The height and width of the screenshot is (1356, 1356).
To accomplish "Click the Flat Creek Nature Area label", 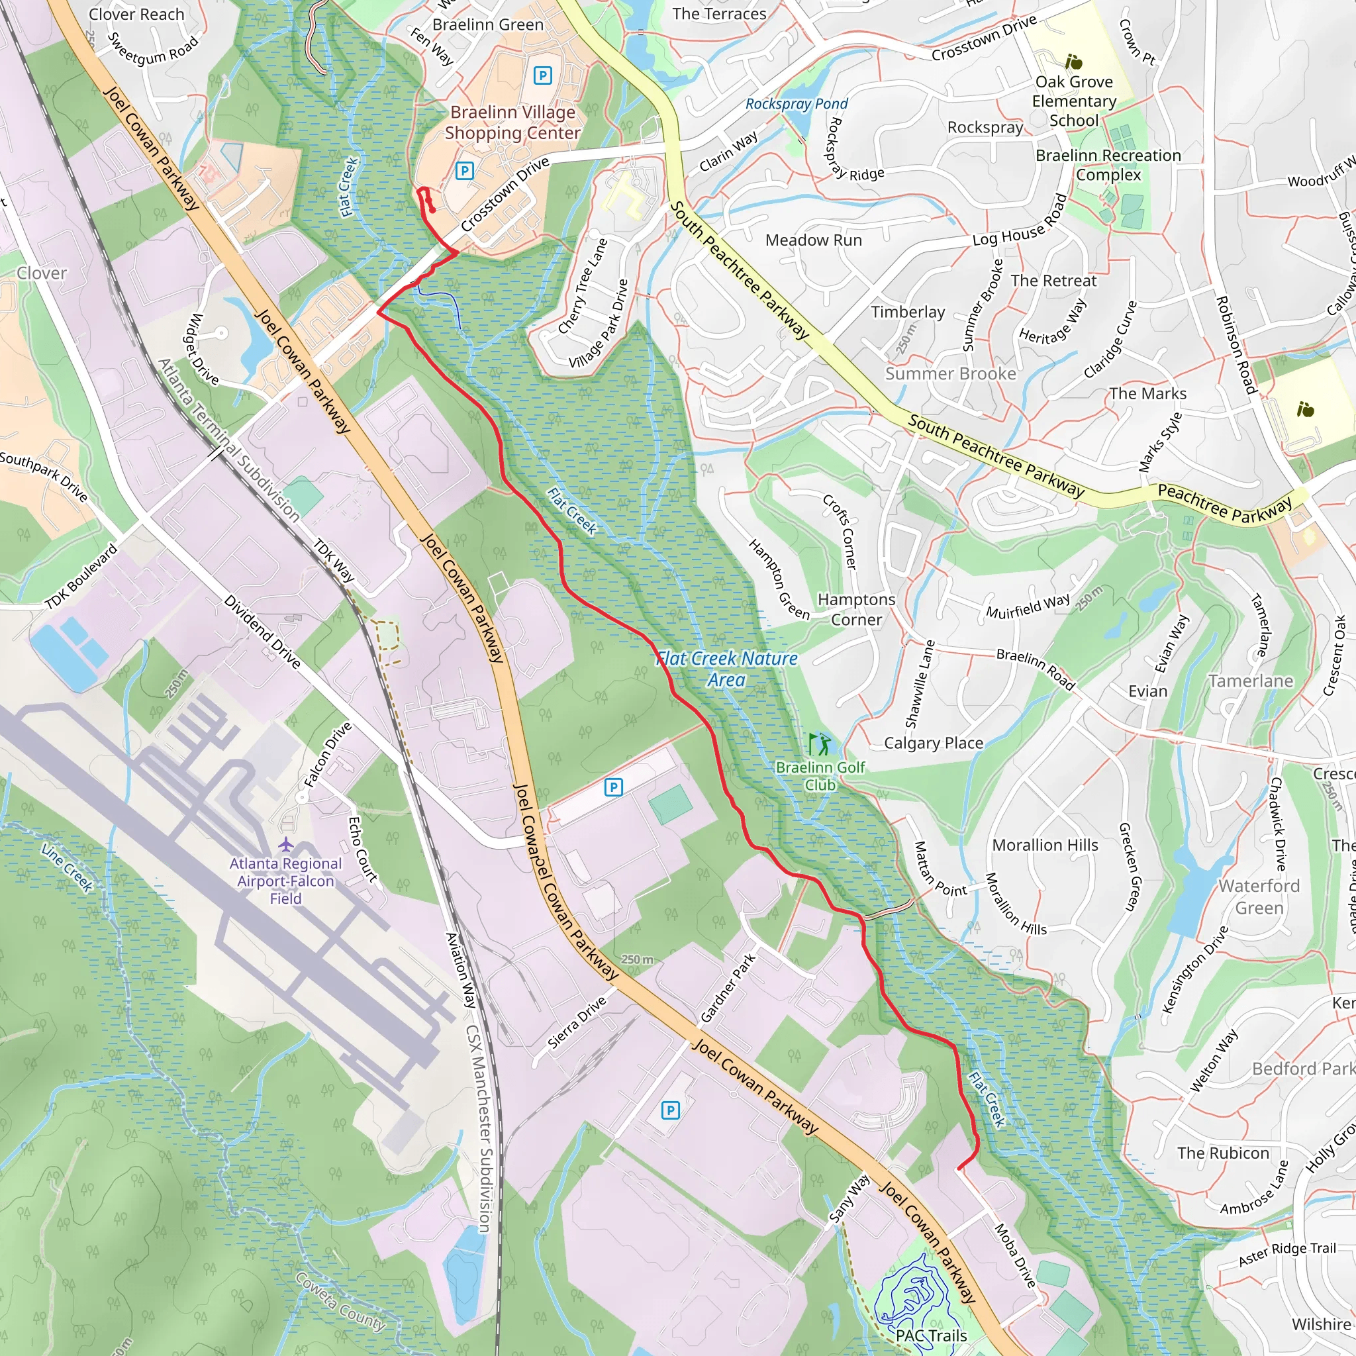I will click(x=726, y=669).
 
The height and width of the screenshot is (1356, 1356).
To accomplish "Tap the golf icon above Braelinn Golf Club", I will click(x=819, y=744).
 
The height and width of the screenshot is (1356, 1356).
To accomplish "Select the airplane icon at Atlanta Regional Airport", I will click(x=285, y=844).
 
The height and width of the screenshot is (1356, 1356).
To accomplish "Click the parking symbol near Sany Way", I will click(x=670, y=1110).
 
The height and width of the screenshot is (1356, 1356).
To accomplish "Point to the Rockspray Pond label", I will click(x=796, y=104).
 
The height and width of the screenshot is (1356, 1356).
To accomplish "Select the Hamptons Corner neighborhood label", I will click(x=855, y=609).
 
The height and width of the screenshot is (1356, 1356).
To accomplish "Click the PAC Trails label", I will click(x=931, y=1335).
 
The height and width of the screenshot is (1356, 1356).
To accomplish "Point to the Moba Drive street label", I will click(x=1015, y=1255).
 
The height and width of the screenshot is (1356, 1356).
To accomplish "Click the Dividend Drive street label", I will click(x=262, y=632).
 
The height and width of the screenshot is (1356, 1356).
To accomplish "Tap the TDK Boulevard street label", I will click(x=81, y=576).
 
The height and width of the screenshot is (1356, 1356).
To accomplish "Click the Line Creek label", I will click(x=67, y=867).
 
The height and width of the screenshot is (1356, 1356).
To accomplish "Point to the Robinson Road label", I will click(x=1235, y=344).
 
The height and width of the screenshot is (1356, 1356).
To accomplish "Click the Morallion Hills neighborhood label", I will click(x=1044, y=845).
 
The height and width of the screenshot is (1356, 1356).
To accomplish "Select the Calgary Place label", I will click(x=933, y=744).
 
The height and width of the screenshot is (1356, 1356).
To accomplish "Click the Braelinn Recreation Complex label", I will click(x=1108, y=165).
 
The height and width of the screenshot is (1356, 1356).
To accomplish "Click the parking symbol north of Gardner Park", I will click(x=612, y=787).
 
